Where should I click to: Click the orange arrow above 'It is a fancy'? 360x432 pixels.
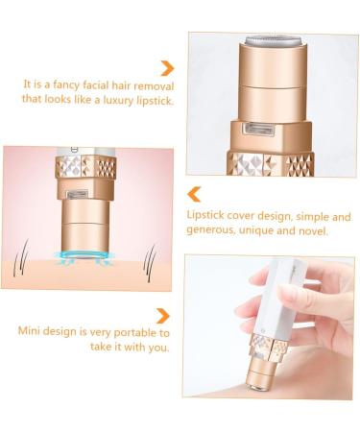(167, 67)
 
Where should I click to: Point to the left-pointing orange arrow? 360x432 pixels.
(194, 193)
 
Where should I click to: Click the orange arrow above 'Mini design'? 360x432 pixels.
(163, 316)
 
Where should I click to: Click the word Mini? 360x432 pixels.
(32, 332)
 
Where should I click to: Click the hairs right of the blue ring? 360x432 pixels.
(149, 257)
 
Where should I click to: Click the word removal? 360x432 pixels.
(155, 84)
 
